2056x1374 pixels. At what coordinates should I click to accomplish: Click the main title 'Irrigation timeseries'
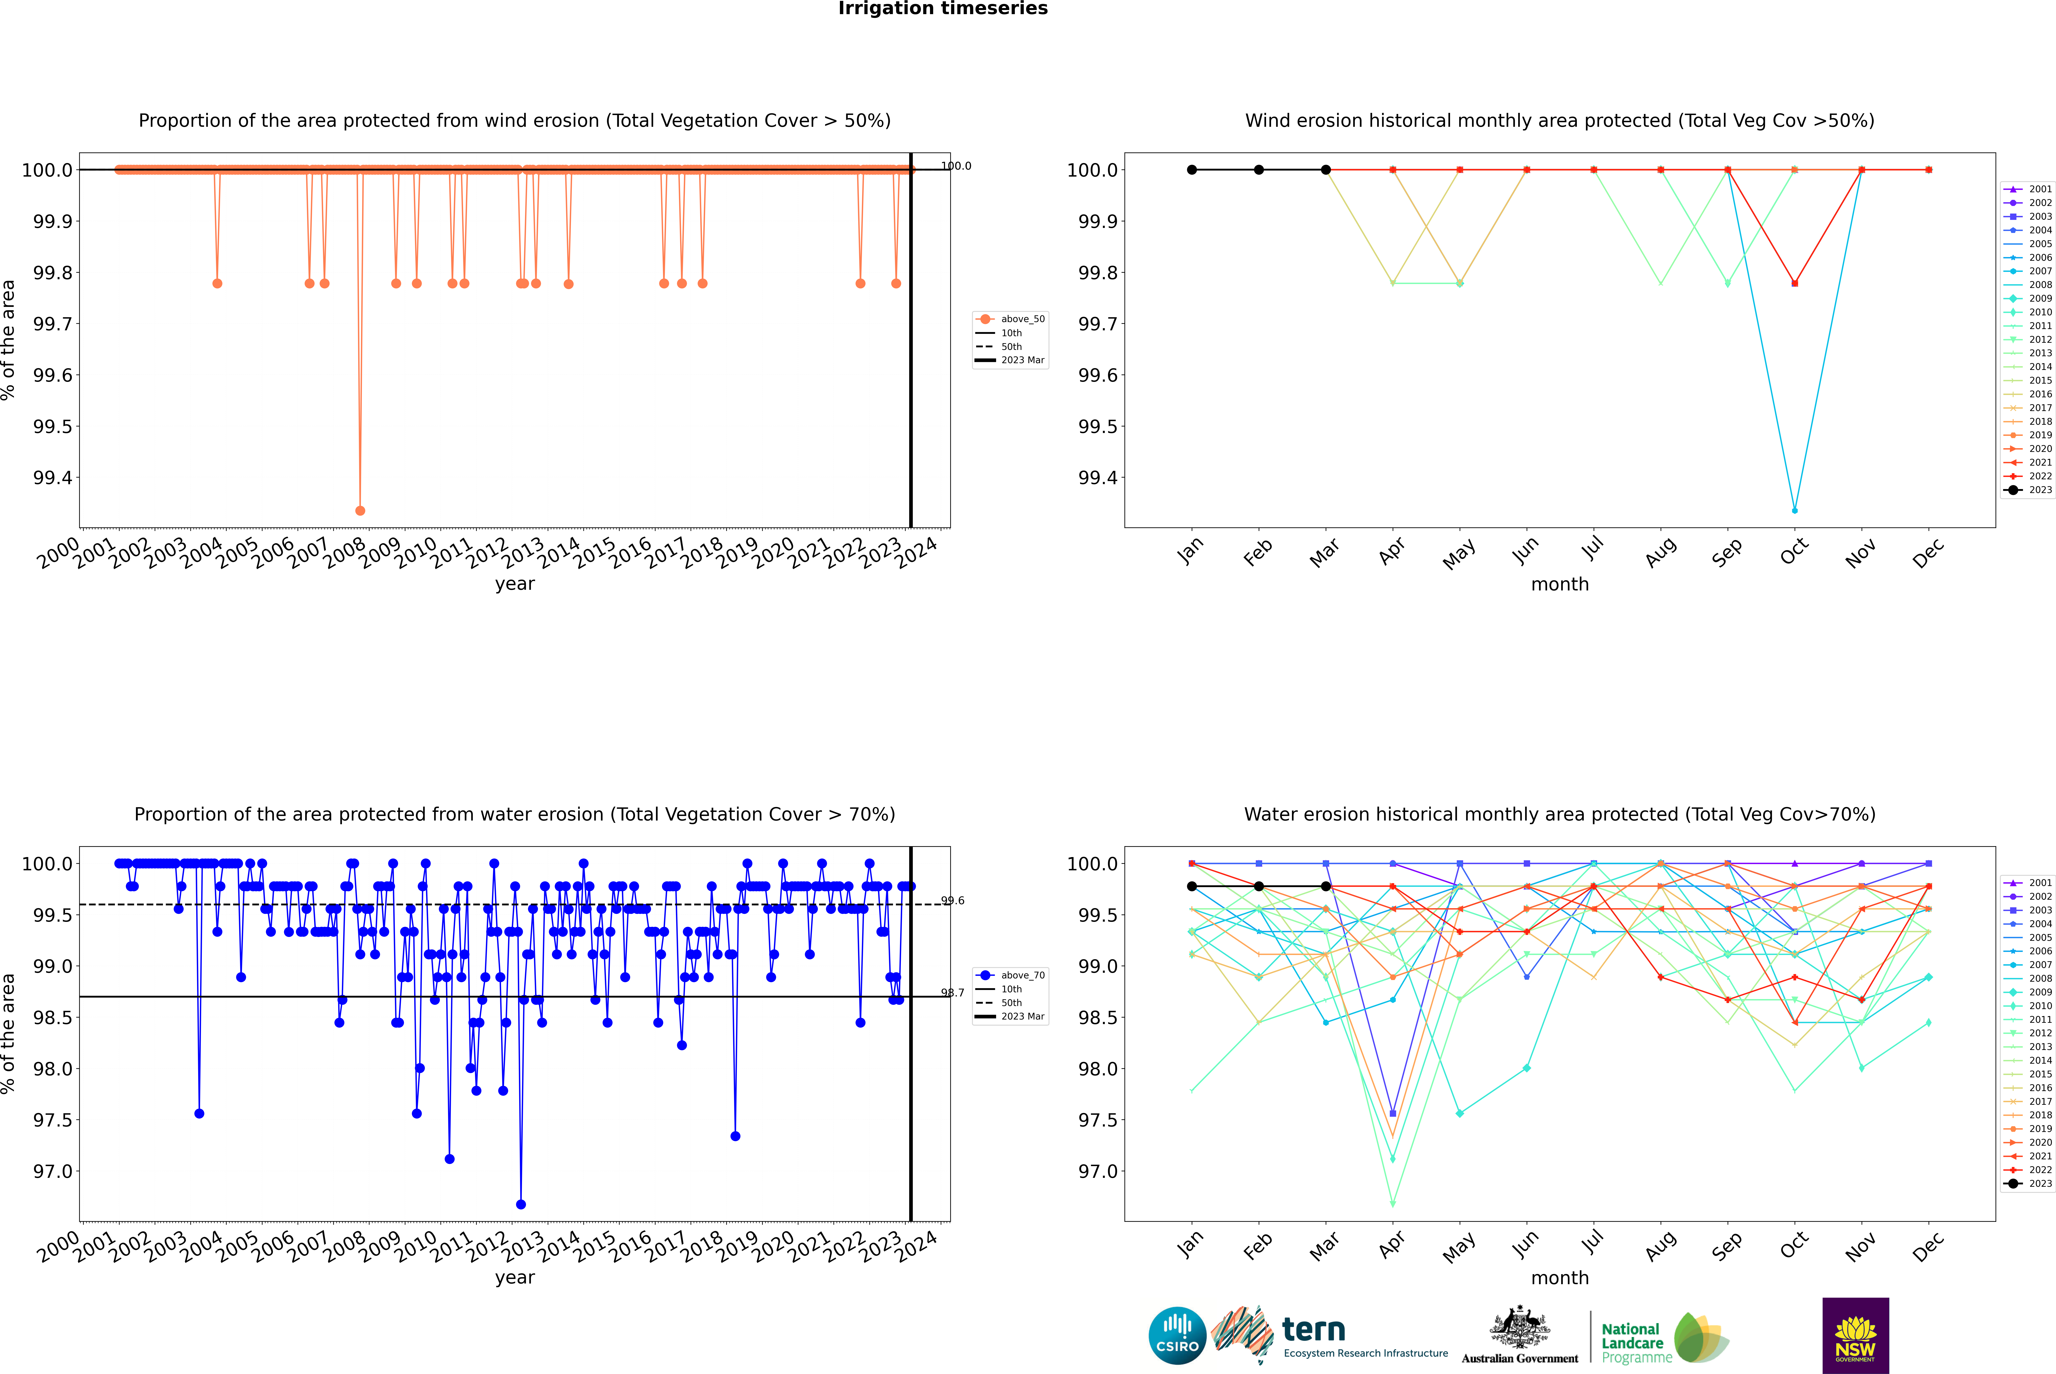pyautogui.click(x=943, y=9)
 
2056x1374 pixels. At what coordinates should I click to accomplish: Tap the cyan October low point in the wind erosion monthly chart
pyautogui.click(x=1795, y=510)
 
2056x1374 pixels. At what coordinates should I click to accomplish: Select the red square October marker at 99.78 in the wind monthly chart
pyautogui.click(x=1795, y=283)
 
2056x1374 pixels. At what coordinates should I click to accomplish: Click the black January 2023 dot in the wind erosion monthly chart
pyautogui.click(x=1192, y=170)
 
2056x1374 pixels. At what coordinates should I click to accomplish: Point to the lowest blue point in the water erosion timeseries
pyautogui.click(x=522, y=1204)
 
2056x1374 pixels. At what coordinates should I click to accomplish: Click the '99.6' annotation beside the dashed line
pyautogui.click(x=953, y=901)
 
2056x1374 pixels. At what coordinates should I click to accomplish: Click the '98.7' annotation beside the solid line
pyautogui.click(x=953, y=993)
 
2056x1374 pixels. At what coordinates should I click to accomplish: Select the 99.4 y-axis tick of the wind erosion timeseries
pyautogui.click(x=53, y=478)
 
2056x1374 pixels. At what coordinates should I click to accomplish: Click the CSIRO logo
pyautogui.click(x=1177, y=1336)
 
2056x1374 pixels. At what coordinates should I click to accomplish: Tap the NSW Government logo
pyautogui.click(x=1855, y=1336)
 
